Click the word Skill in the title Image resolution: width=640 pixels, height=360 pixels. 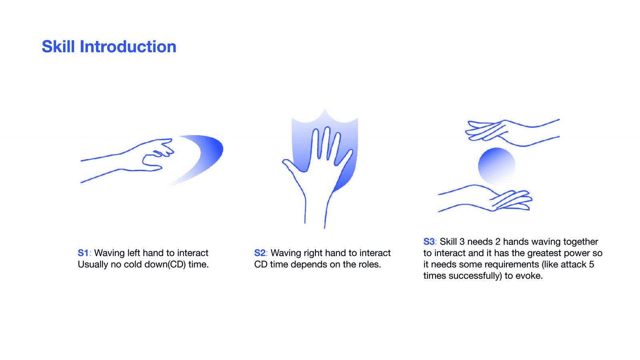58,46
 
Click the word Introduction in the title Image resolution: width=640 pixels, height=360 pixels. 128,46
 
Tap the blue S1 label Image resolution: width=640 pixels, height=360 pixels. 84,253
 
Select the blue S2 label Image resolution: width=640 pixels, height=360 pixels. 260,253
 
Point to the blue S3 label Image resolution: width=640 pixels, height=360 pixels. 429,242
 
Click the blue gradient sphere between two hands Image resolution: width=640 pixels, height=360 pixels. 496,166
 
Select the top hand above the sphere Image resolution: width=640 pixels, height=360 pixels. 512,133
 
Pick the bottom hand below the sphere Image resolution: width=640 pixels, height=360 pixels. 486,198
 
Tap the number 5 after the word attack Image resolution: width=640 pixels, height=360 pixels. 592,264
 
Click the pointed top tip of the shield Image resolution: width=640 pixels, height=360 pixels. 324,109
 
